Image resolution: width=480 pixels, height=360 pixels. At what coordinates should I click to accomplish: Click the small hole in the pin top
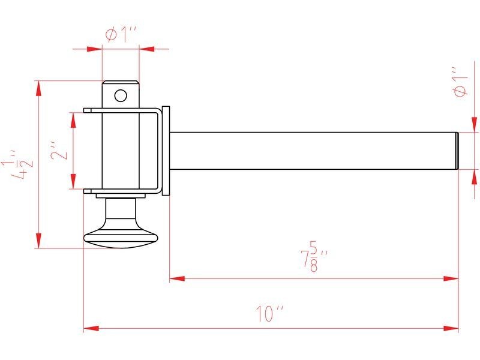point(121,95)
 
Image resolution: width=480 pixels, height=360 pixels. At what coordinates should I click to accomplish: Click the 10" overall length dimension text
point(269,313)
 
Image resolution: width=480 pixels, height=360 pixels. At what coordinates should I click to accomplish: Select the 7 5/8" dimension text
point(313,256)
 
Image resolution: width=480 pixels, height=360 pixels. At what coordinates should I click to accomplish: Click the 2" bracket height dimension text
point(58,151)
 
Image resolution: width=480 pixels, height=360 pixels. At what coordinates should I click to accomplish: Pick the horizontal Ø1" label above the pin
point(122,35)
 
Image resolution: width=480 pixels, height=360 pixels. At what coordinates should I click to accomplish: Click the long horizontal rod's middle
point(312,150)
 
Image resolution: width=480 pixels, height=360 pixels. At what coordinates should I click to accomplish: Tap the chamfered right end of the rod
point(457,150)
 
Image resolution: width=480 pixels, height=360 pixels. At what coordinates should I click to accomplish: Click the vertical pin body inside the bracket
point(121,150)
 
